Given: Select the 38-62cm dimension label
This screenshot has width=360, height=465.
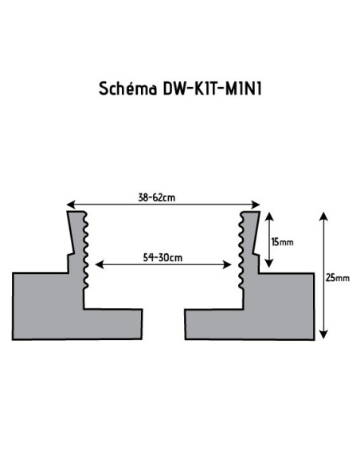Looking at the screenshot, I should (164, 197).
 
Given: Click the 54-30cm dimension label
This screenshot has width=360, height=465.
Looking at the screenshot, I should (163, 257).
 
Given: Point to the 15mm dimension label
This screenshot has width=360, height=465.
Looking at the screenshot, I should (282, 240).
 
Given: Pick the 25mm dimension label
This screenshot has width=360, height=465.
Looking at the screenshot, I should (337, 277).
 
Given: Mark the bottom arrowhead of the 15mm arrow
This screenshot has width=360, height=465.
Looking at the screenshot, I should (272, 265).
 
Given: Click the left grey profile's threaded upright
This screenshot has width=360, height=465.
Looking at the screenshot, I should (77, 247).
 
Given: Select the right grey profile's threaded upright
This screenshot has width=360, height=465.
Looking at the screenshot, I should (249, 247).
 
